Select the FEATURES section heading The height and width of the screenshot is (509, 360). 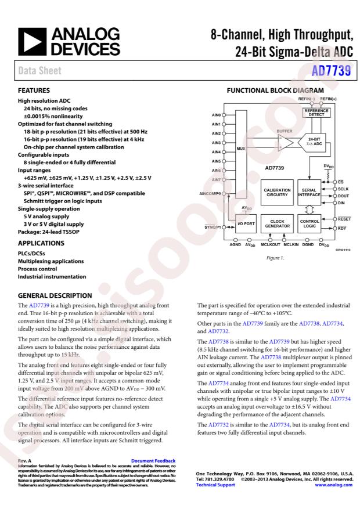34,91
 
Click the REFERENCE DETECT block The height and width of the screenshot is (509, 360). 316,113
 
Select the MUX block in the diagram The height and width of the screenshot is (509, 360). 241,149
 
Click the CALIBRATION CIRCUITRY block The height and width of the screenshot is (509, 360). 276,193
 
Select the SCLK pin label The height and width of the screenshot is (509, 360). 344,189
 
